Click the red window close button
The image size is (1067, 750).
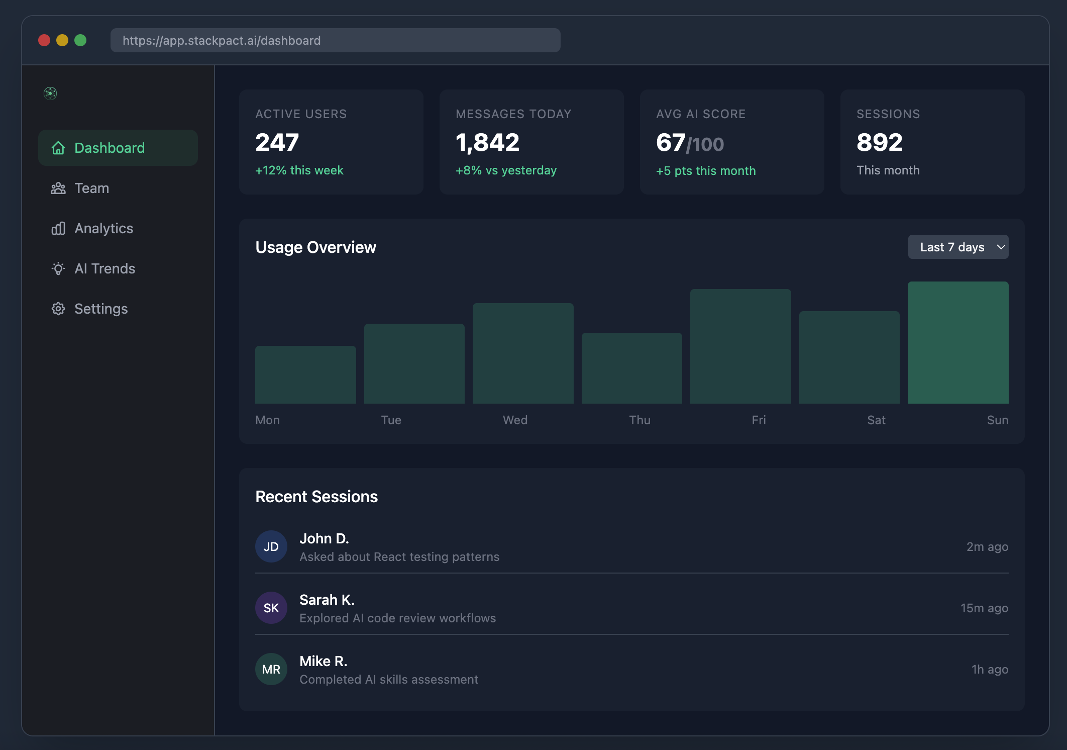pos(44,40)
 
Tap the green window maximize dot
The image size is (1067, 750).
pos(80,40)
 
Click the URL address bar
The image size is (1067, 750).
pos(335,40)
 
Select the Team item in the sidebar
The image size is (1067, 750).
pos(92,188)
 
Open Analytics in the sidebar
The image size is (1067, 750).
pos(103,228)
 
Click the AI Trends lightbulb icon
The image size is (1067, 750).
pos(58,268)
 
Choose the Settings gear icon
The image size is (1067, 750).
pos(58,309)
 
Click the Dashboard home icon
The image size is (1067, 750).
pos(58,148)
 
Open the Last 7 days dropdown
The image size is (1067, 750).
pos(958,247)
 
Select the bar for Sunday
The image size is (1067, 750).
pos(958,342)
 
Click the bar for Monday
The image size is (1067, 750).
pos(305,374)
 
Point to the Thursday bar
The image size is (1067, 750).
pos(631,368)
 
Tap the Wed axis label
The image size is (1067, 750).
pos(515,420)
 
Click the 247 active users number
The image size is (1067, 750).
pos(277,142)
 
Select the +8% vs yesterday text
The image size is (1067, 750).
pos(506,170)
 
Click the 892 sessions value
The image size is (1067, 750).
pos(880,142)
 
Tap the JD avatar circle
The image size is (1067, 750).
pos(271,546)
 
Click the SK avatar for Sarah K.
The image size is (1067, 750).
pos(271,608)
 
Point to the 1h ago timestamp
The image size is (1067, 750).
pos(990,669)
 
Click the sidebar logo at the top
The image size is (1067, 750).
pos(50,93)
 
